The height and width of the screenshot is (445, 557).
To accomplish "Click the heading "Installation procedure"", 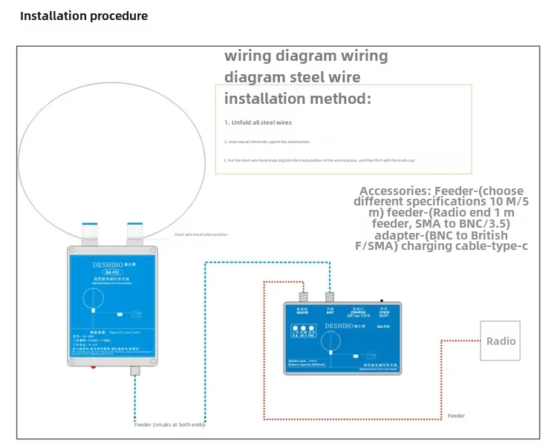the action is [x=84, y=16].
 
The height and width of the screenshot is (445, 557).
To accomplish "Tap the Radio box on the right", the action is [x=500, y=341].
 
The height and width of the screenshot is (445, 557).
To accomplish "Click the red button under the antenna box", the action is [x=94, y=366].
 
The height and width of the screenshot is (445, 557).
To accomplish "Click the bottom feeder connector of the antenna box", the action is [x=136, y=369].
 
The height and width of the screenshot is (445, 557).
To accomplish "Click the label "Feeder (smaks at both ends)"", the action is [x=169, y=424].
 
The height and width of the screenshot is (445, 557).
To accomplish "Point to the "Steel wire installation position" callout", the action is [x=201, y=234].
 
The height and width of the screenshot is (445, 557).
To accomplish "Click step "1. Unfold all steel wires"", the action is [x=258, y=122].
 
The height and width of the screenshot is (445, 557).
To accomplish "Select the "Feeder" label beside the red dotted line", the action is [x=456, y=416].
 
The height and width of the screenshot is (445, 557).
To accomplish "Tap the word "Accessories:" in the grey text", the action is [x=394, y=191].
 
